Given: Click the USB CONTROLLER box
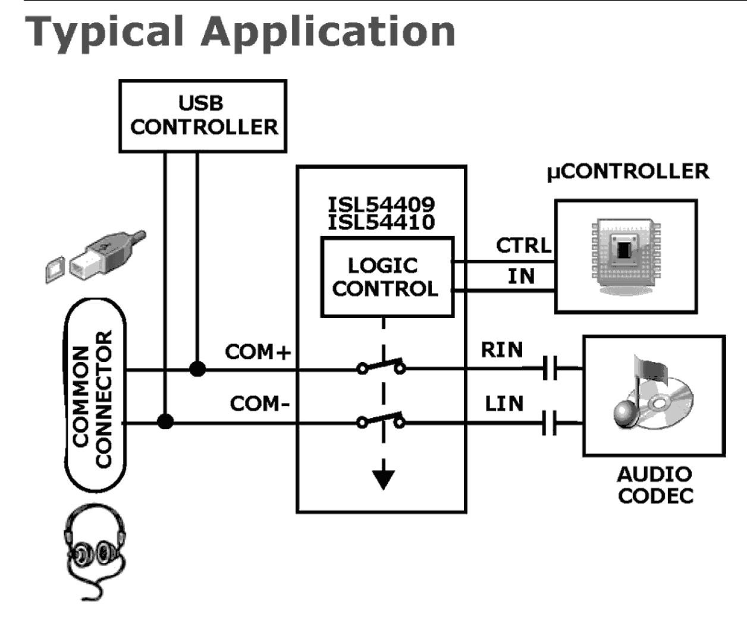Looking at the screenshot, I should (x=203, y=116).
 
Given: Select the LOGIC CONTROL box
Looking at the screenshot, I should (x=387, y=277).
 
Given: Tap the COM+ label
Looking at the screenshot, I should (x=258, y=352).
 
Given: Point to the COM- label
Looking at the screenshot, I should (x=260, y=404).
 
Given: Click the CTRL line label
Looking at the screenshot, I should (x=523, y=245).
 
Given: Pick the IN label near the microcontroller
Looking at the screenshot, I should (x=521, y=276).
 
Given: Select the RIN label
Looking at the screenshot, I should (x=502, y=350).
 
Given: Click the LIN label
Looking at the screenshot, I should (x=504, y=404).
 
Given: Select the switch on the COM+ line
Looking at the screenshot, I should (x=381, y=367).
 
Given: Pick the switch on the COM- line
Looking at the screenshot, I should (x=381, y=421).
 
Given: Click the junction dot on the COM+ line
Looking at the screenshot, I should (x=197, y=369).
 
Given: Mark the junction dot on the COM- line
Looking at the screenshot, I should (x=165, y=422).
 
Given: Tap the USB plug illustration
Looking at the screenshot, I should (x=98, y=256).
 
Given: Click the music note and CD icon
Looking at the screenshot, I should (x=653, y=392).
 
